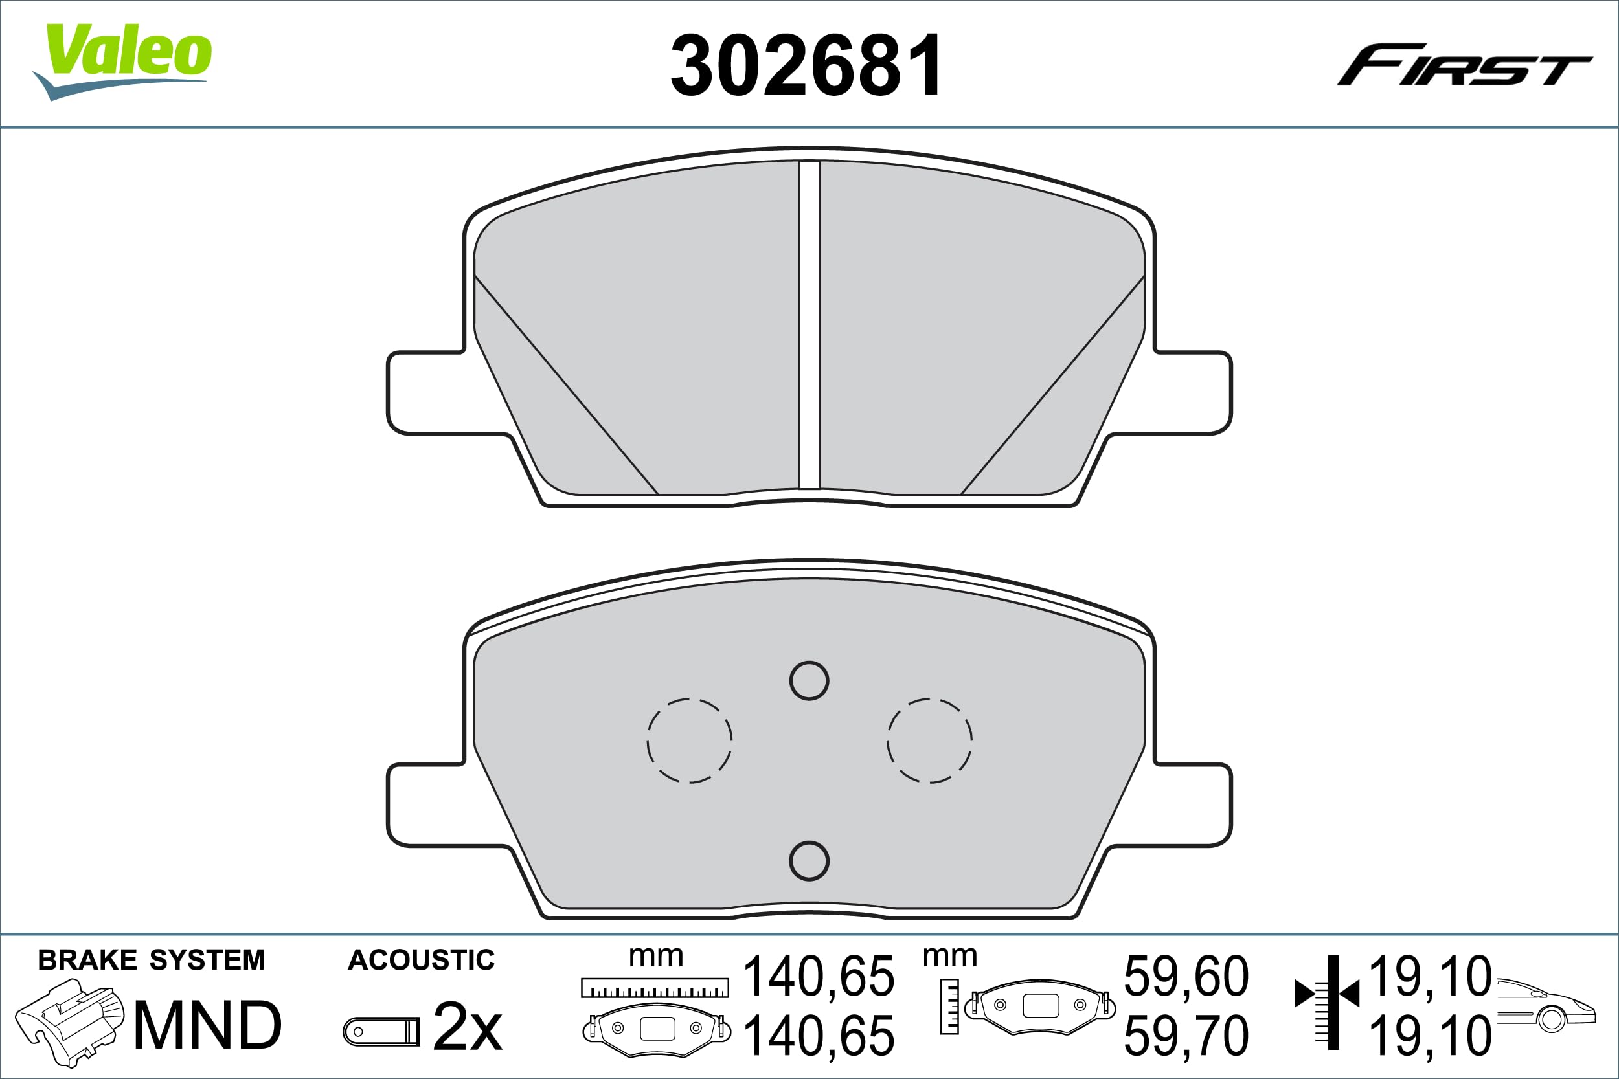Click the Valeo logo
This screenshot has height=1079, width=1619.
coord(122,62)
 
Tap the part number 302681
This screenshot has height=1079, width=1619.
coord(807,65)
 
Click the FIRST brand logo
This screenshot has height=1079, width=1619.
coord(1464,65)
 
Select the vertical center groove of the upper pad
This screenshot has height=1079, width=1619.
coord(809,324)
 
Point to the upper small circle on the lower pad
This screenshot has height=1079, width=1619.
coord(809,680)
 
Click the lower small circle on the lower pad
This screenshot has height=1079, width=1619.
coord(809,861)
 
